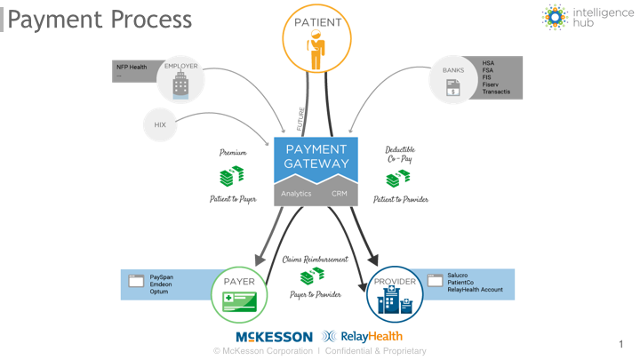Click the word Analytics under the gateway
[x=296, y=193]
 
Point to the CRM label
[x=340, y=193]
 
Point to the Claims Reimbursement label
[x=316, y=260]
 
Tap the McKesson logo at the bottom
[x=274, y=337]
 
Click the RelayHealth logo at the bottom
[x=362, y=337]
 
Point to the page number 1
[x=620, y=342]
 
